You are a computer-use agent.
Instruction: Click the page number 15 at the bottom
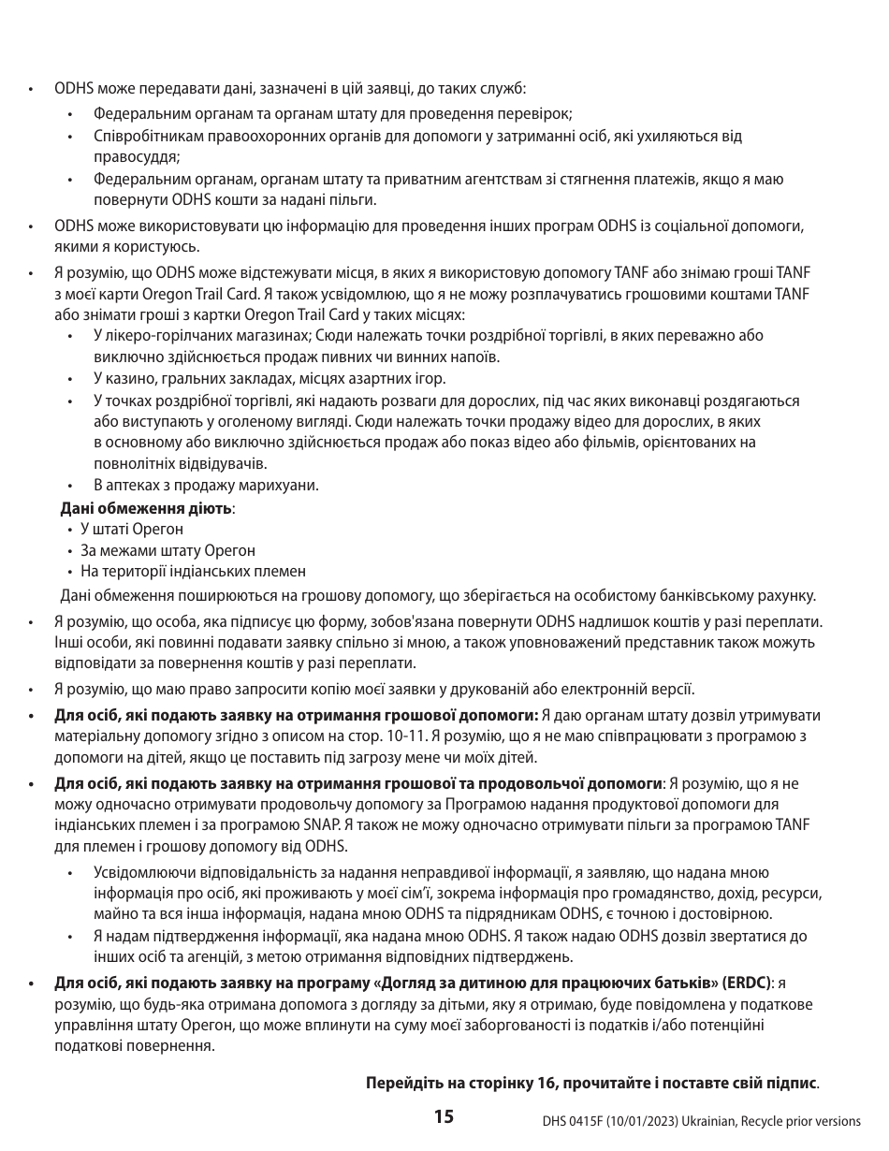pos(444,1116)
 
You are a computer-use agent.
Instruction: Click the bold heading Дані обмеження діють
pos(146,509)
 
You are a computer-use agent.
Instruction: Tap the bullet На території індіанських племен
pos(192,572)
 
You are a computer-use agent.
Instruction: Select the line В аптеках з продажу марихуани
pos(206,486)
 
